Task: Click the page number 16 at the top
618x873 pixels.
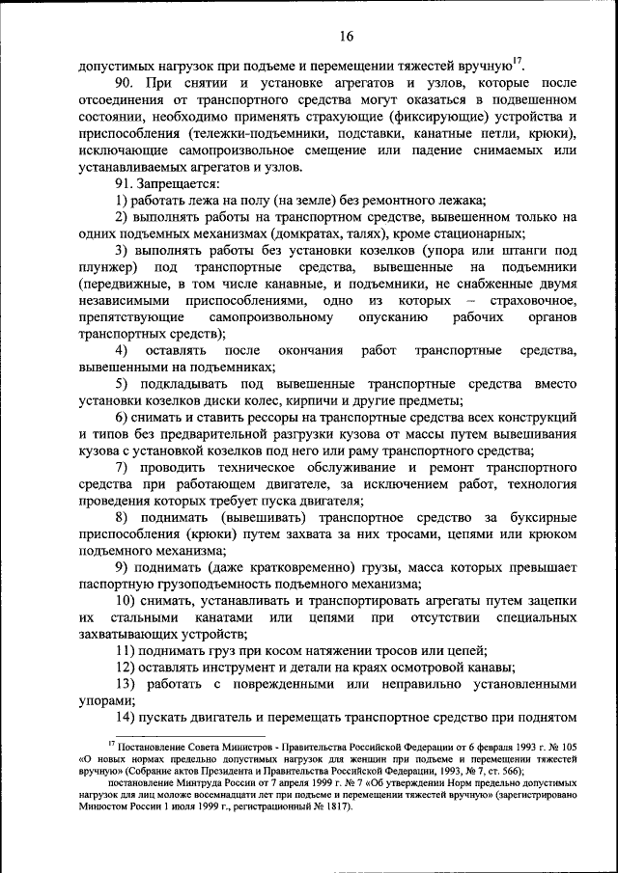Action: tap(348, 38)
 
